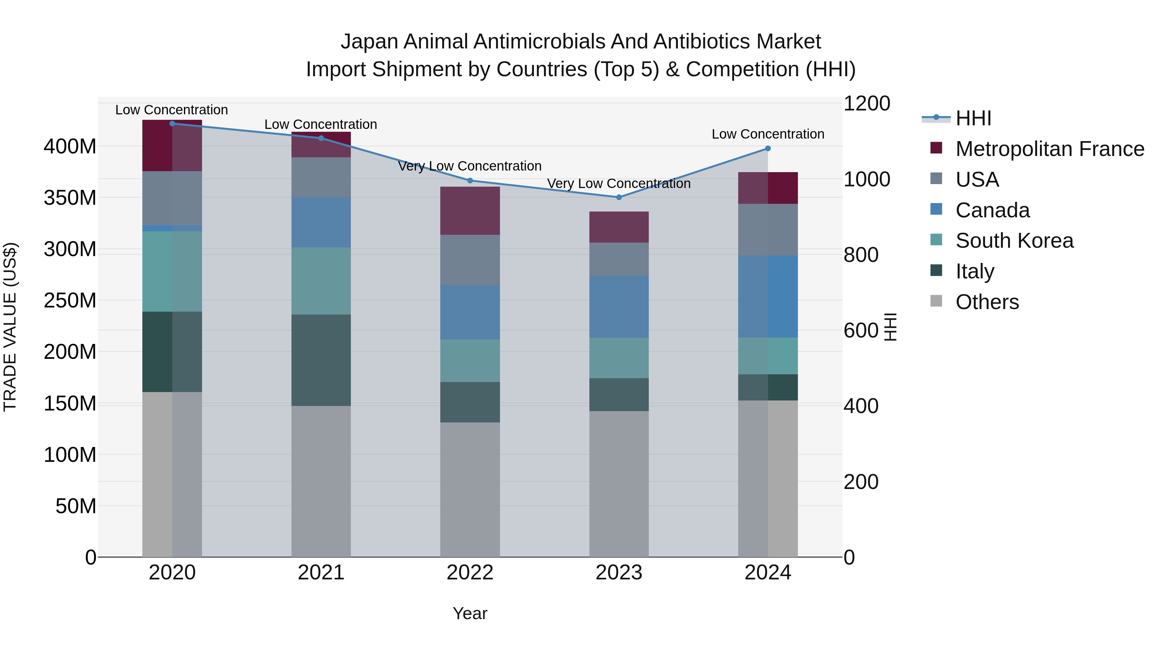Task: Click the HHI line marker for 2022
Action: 470,181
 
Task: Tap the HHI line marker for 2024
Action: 768,149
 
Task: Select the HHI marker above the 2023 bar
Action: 619,197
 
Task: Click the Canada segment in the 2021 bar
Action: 321,222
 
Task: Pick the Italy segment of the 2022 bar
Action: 470,402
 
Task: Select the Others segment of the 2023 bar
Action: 619,484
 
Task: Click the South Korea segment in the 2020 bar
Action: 172,271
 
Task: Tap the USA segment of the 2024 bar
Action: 768,230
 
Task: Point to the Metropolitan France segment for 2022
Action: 470,211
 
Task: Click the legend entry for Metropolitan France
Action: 1049,149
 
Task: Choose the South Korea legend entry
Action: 1014,241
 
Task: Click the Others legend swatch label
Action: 987,302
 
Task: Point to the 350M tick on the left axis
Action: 70,198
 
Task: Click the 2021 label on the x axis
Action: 321,573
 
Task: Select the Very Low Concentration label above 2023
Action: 619,184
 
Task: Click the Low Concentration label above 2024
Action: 768,134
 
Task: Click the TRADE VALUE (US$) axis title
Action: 10,327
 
